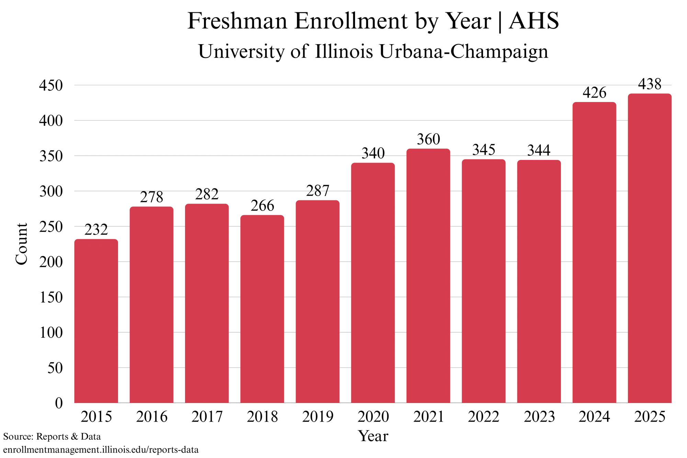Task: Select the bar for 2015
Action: [x=96, y=321]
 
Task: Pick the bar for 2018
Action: [x=262, y=309]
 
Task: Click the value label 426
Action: [x=594, y=93]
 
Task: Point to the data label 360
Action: [x=428, y=139]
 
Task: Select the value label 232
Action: [x=96, y=230]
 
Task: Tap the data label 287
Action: [x=318, y=191]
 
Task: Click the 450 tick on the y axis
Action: [x=51, y=85]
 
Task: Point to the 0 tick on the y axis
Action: [x=59, y=403]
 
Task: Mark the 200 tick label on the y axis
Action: [x=51, y=262]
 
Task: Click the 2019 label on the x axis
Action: [x=318, y=417]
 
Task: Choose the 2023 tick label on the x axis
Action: [x=539, y=417]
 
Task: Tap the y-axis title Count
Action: [x=21, y=244]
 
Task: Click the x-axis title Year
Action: [x=373, y=436]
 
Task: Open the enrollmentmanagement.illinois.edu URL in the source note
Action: [x=101, y=450]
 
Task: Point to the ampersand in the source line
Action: [x=74, y=437]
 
